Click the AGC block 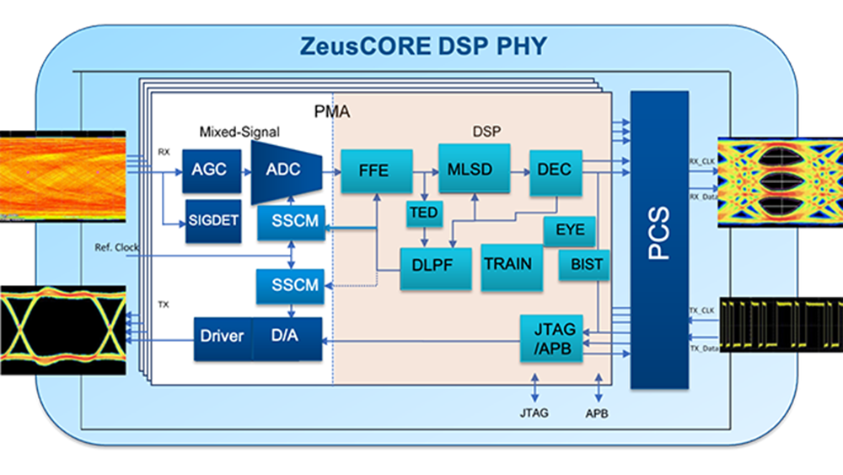point(208,170)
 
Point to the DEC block point(554,170)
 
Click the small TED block point(424,213)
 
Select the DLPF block point(432,264)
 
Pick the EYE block point(570,229)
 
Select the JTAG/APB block point(550,337)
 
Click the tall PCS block point(659,240)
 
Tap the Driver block point(223,337)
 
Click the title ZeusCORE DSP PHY point(422,47)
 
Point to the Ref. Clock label point(117,248)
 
